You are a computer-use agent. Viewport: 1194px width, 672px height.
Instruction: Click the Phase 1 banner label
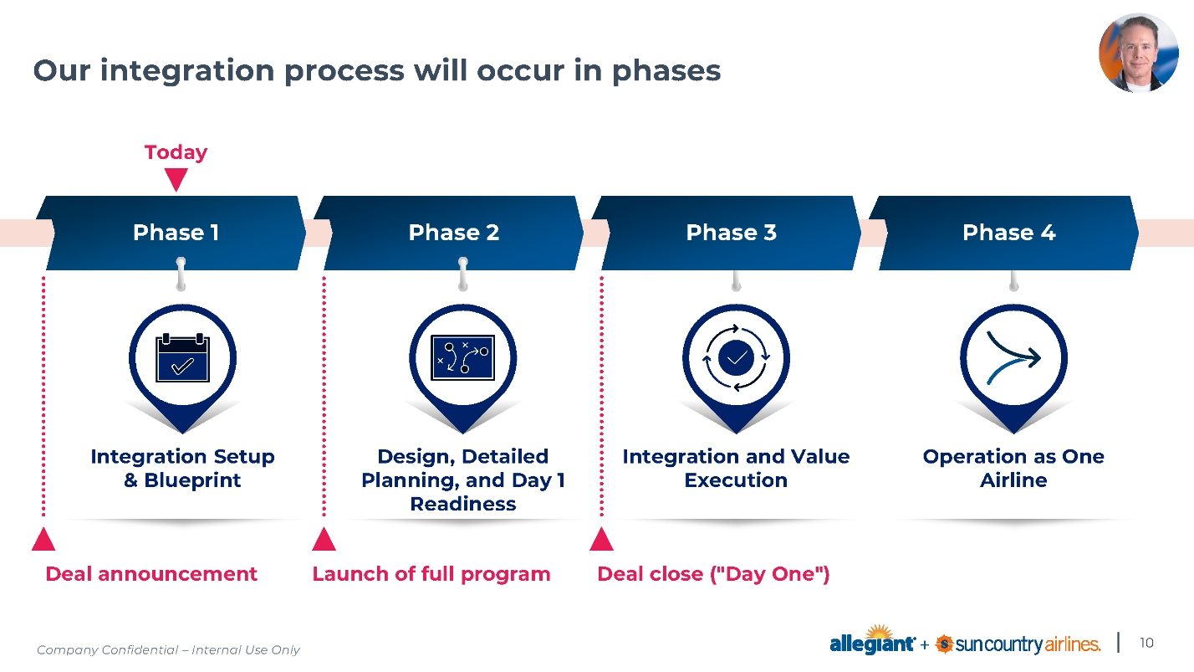[176, 233]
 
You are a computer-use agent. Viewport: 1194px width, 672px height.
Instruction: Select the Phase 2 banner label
[453, 233]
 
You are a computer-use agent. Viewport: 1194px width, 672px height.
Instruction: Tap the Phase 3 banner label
[731, 233]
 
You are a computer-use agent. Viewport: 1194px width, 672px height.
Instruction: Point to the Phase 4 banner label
[1008, 233]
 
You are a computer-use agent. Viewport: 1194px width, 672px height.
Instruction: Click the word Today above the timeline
[176, 152]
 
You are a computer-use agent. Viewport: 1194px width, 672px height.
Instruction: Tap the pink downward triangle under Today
[176, 179]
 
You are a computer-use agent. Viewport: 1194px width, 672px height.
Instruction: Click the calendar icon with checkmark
[182, 358]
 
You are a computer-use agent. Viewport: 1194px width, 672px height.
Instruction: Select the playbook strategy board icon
[462, 358]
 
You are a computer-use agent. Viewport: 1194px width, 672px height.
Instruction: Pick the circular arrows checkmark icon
[736, 358]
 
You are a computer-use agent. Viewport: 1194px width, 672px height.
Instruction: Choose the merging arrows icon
[1013, 358]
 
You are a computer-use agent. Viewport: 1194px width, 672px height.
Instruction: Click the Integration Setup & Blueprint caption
[182, 468]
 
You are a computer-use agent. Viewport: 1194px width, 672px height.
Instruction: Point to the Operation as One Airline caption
[1013, 468]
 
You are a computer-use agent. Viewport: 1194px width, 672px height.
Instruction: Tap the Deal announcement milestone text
[151, 574]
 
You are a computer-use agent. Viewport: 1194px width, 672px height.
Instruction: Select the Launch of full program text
[431, 574]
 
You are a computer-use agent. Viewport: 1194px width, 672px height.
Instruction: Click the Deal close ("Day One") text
[713, 574]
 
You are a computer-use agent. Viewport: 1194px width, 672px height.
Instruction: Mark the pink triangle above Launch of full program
[324, 541]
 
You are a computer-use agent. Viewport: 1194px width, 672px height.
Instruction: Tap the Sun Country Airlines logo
[1018, 644]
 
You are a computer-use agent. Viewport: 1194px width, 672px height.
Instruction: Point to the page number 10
[1146, 643]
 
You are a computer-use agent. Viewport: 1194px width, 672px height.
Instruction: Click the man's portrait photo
[1137, 53]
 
